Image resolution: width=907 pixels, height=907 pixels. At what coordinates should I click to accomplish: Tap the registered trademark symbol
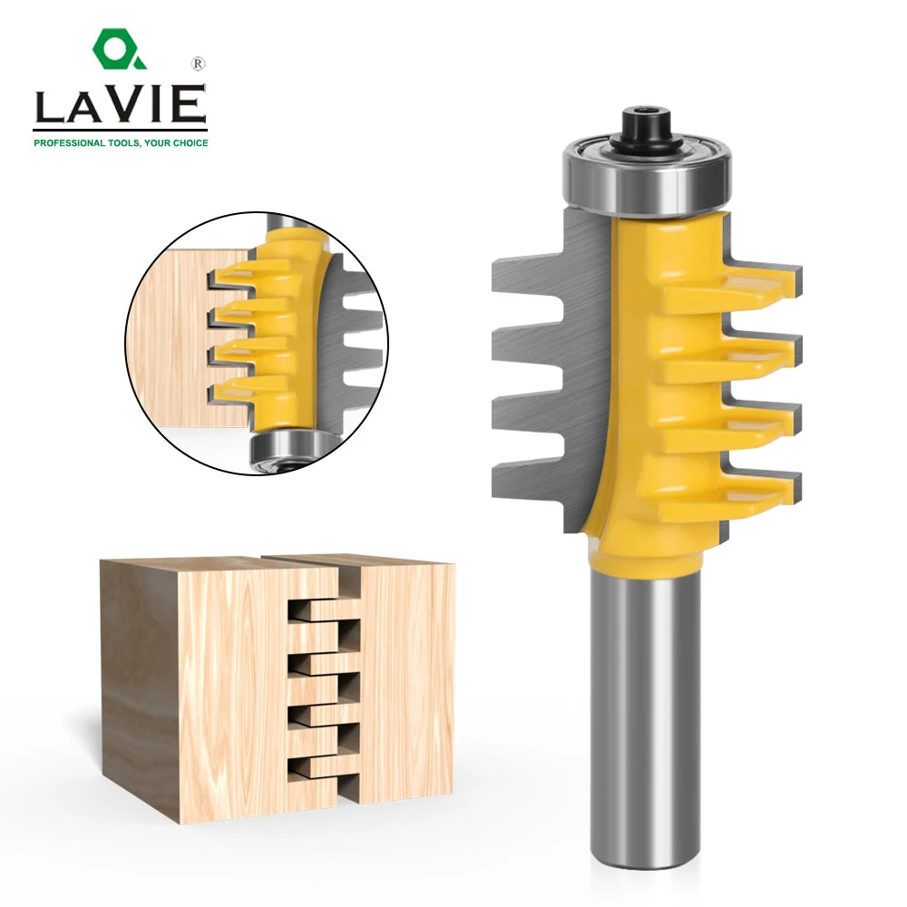point(197,65)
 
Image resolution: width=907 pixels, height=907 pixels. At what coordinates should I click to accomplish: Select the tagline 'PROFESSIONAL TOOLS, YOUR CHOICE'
point(121,142)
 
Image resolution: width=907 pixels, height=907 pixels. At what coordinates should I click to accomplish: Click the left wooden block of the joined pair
point(227,689)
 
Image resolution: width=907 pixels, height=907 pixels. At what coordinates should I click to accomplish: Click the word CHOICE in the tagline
point(189,142)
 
